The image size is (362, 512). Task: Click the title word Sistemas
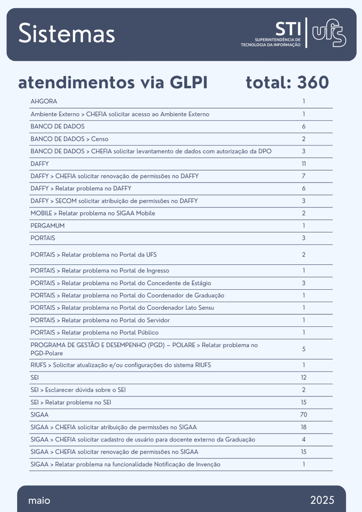[67, 34]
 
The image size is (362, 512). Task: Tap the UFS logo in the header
[329, 33]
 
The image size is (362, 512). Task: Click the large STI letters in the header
[288, 29]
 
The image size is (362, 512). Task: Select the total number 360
[313, 83]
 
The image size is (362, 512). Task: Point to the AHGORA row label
[44, 101]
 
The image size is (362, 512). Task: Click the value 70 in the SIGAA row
[304, 414]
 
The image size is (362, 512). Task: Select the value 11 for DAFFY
[304, 163]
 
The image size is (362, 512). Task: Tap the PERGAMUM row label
[48, 225]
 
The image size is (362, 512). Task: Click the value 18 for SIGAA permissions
[304, 427]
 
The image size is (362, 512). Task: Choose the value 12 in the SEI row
[304, 377]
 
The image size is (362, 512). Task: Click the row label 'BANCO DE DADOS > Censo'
[69, 139]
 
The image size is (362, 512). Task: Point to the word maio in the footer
[39, 500]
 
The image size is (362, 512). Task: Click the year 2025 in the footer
[322, 500]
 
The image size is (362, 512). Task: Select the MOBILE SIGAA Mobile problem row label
[95, 213]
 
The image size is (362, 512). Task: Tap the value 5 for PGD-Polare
[304, 349]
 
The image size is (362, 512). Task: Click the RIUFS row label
[121, 365]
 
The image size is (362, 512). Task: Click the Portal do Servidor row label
[100, 320]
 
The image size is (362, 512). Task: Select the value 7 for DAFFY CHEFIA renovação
[304, 176]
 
